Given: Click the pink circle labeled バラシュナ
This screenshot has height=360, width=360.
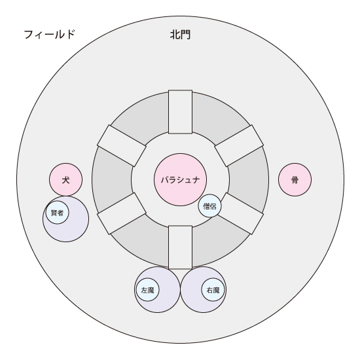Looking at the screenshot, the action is tap(180, 179).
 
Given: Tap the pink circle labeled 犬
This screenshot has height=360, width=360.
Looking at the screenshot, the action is tap(65, 179).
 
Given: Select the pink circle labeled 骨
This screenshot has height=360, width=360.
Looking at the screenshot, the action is tap(295, 179).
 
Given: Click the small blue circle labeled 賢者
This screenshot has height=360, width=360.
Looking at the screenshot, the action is tap(57, 213).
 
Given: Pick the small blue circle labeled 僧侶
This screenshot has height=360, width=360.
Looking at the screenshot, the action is tap(210, 206).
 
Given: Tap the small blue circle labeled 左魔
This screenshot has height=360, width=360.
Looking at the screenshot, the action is tap(148, 290).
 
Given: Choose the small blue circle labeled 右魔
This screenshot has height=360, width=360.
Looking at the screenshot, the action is tap(213, 290).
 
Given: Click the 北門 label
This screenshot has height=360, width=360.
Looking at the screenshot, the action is tap(180, 35).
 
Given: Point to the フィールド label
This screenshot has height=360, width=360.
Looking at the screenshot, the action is tap(50, 35).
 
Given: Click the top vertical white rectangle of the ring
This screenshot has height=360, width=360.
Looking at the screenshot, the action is tap(180, 112).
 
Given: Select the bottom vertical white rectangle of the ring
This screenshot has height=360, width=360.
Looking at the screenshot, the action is tap(180, 247).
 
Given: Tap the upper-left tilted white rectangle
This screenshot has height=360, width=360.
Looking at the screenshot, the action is tap(122, 146).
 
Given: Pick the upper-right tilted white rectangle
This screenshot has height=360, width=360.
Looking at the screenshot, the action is tap(239, 146).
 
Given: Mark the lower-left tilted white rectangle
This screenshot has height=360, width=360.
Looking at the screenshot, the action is tap(122, 213).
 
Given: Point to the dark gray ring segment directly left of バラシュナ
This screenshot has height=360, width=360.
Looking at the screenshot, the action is tap(112, 179).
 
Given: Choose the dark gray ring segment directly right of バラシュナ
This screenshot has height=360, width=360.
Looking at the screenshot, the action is tap(249, 179).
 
